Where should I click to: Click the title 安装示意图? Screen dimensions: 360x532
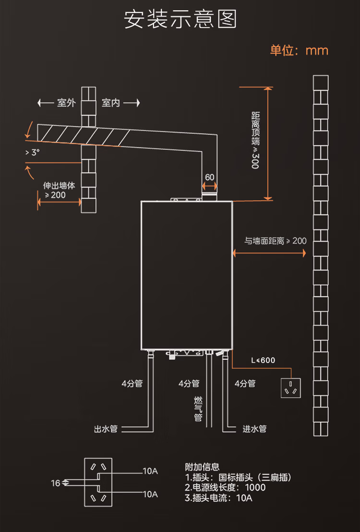point(180,19)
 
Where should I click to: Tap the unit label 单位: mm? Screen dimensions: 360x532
point(299,50)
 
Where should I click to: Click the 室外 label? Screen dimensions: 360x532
point(66,102)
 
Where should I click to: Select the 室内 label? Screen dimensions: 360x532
point(111,102)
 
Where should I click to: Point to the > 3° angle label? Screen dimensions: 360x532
point(32,153)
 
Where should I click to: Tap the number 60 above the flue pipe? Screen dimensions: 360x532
point(210,177)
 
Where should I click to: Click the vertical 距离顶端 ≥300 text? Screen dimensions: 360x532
point(255,140)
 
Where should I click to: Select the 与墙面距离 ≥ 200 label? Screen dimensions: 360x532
point(275,241)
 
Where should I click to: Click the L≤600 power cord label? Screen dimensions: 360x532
point(263,360)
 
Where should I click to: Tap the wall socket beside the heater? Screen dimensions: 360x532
point(291,388)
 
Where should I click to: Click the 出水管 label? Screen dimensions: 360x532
point(106,429)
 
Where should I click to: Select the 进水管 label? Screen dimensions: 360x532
point(254,429)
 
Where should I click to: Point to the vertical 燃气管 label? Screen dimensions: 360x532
point(198,409)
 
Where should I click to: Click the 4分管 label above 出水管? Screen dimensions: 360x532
point(132,383)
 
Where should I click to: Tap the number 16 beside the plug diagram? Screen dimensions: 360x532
point(56,483)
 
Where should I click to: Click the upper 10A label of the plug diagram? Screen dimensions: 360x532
point(150,471)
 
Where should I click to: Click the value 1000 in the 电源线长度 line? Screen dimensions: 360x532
point(255,487)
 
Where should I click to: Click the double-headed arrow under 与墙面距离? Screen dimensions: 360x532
point(269,253)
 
